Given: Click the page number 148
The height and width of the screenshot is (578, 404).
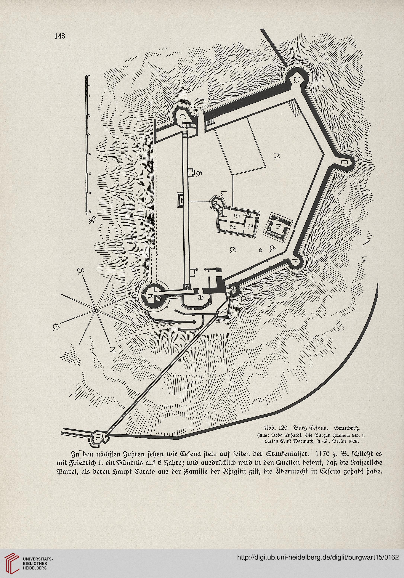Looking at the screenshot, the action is tap(60, 36).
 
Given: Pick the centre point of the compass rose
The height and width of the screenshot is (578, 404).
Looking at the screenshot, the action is tap(95, 309).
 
